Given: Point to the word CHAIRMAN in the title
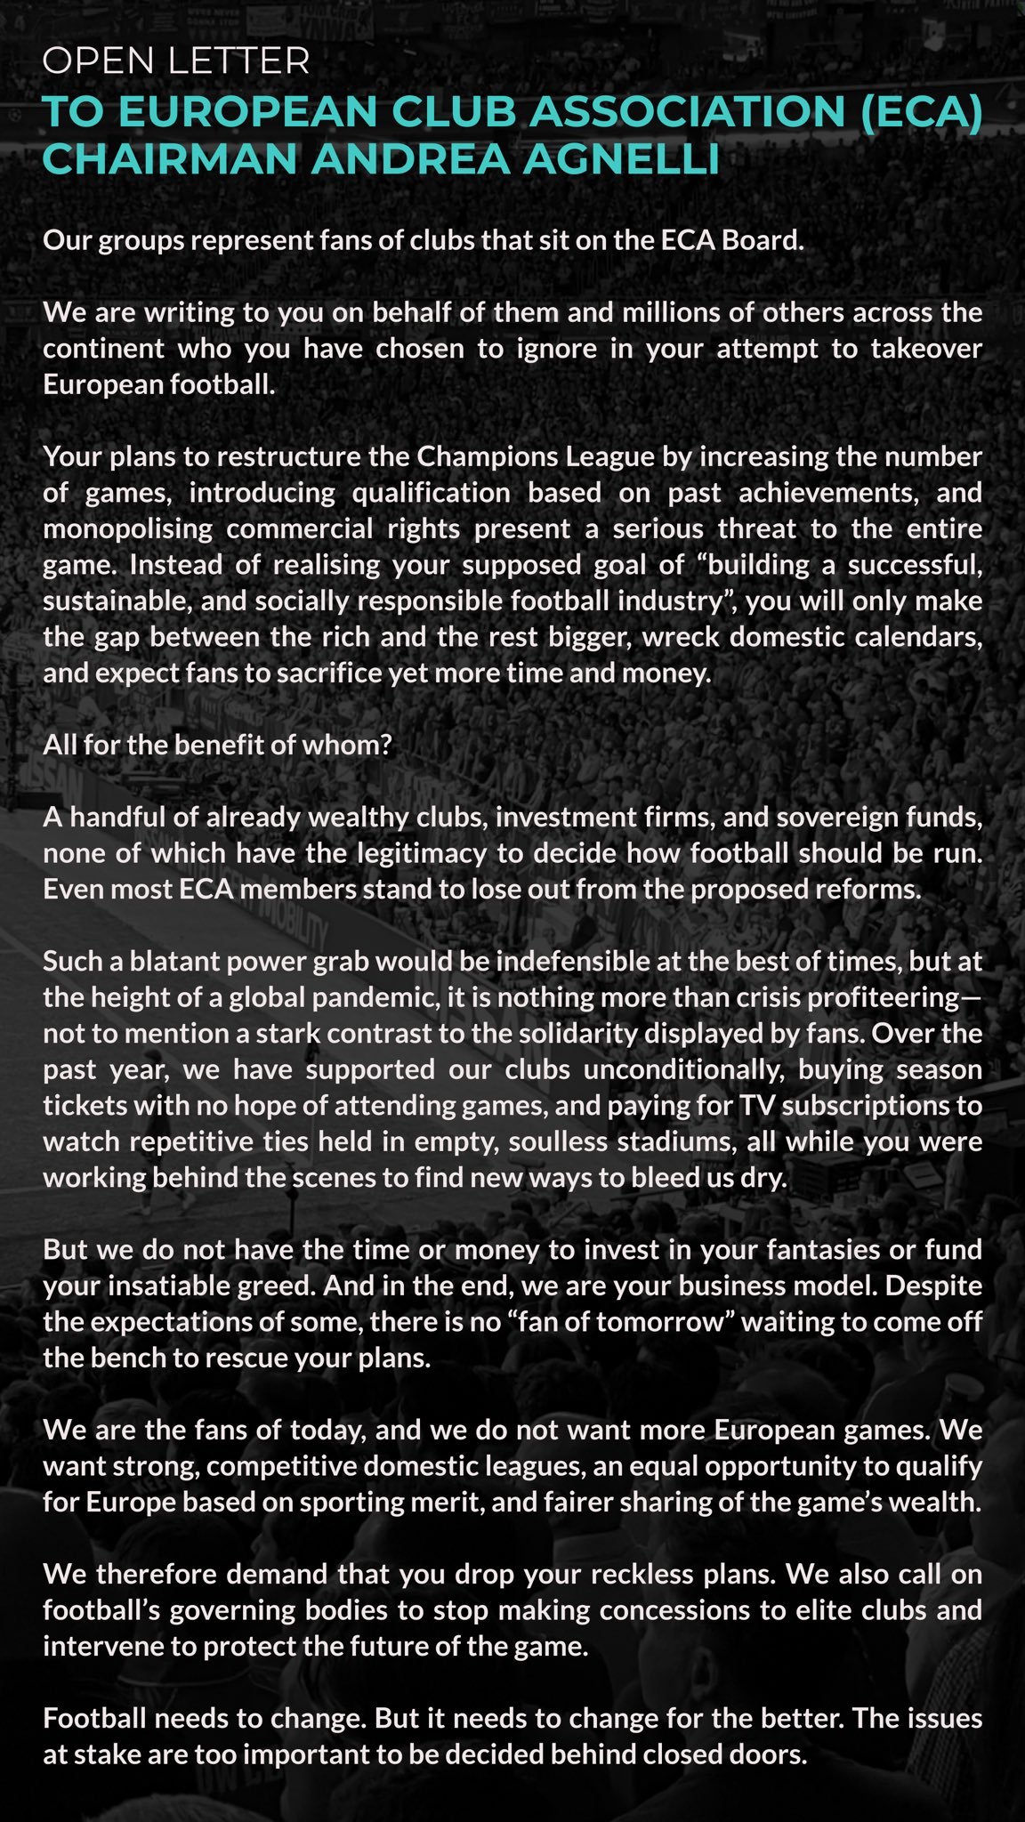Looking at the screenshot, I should pyautogui.click(x=169, y=160).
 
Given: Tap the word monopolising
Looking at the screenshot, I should pyautogui.click(x=127, y=529).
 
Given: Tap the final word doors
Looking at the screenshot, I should pyautogui.click(x=766, y=1755).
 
